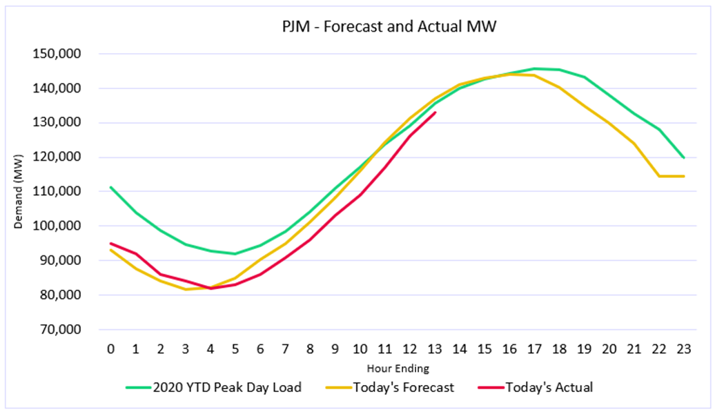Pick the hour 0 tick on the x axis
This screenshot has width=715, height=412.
110,349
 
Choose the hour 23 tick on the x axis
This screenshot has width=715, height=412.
683,349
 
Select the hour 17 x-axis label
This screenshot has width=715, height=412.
534,349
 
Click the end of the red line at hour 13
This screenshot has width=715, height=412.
434,112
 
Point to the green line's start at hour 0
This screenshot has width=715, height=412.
110,187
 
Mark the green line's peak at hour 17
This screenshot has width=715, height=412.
534,68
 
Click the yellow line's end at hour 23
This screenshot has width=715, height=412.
683,176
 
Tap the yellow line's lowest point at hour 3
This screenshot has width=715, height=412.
185,289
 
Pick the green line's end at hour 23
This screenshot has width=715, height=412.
683,158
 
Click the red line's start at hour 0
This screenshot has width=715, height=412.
110,244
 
